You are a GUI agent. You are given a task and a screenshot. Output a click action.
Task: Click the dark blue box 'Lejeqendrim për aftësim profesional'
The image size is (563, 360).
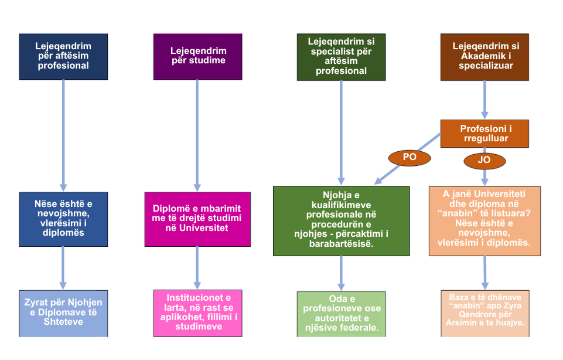click(x=63, y=56)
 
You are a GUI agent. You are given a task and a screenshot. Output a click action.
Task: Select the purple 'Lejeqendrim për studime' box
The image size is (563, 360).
click(x=197, y=56)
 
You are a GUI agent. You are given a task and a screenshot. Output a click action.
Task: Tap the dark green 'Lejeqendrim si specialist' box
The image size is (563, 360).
click(x=341, y=56)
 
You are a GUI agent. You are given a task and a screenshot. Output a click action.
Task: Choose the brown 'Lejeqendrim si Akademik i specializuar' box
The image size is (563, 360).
click(x=485, y=56)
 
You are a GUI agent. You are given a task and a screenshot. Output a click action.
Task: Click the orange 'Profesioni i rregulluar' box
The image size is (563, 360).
click(x=485, y=134)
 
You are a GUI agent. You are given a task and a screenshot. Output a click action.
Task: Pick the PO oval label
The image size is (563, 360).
click(x=409, y=157)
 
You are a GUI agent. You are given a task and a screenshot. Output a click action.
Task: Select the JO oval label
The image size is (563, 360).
click(x=484, y=160)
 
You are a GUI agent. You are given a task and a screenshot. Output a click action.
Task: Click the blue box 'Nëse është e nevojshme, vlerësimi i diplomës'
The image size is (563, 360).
click(x=63, y=219)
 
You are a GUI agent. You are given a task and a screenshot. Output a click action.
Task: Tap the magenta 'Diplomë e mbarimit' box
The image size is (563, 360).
click(x=197, y=219)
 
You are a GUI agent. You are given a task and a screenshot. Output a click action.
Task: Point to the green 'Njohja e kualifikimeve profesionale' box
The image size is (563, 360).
click(x=341, y=220)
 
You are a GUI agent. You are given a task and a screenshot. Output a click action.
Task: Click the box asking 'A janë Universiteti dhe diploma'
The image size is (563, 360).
click(x=484, y=220)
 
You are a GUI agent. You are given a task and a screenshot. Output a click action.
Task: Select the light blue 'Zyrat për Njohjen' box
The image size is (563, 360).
click(x=63, y=313)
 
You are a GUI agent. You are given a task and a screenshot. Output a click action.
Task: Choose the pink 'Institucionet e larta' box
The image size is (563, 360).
click(x=197, y=313)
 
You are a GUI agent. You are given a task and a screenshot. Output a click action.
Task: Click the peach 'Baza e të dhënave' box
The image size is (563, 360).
click(x=484, y=313)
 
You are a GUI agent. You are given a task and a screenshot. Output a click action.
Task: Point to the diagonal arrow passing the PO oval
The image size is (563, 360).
click(x=393, y=169)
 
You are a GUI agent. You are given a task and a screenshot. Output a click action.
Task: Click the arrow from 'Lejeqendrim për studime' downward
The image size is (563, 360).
click(x=197, y=135)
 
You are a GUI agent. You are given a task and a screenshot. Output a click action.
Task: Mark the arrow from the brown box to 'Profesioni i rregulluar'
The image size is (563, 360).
click(x=485, y=100)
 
